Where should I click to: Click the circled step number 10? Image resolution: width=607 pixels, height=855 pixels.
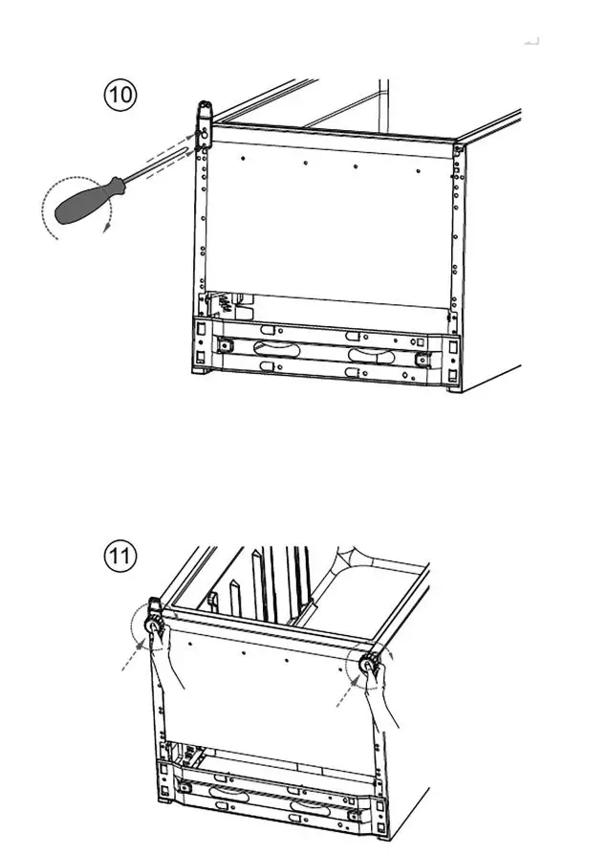click(120, 96)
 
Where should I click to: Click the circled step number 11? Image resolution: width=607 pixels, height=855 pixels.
click(120, 556)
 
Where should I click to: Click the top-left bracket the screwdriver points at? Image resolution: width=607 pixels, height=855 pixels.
click(204, 124)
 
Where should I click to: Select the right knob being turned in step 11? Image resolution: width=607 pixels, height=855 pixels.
click(368, 666)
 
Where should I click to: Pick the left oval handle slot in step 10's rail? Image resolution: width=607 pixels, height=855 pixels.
click(274, 349)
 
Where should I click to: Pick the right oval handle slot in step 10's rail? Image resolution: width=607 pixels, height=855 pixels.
click(371, 356)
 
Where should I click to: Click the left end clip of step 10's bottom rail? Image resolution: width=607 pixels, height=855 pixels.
click(227, 344)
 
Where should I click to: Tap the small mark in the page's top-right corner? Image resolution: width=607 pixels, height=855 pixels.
click(532, 41)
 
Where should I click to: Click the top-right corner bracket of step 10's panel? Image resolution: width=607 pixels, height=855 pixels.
click(459, 149)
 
